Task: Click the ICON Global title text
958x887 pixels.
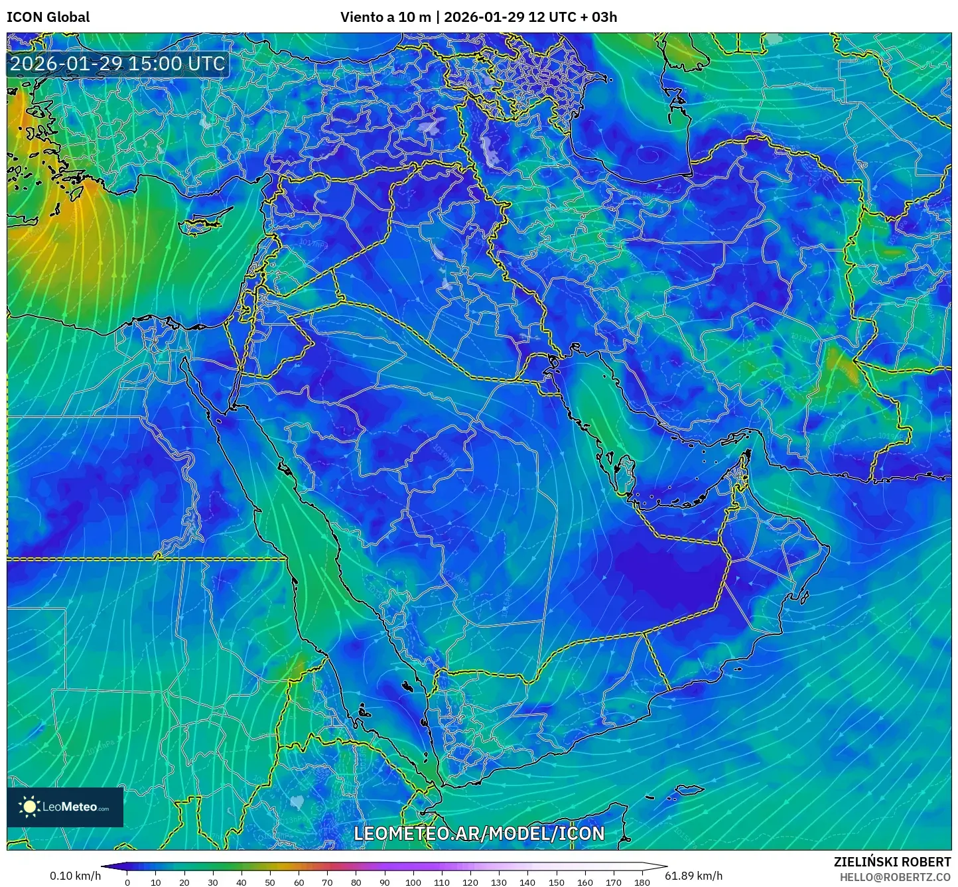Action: coord(48,17)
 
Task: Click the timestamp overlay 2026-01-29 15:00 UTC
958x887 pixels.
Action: coord(117,64)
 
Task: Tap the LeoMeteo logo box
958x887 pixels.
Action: coord(65,807)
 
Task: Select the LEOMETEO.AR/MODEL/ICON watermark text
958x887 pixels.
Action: coord(479,833)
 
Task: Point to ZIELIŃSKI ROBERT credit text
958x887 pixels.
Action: coord(892,862)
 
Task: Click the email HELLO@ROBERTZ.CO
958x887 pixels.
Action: coord(895,877)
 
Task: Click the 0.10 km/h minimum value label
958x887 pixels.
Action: coord(75,876)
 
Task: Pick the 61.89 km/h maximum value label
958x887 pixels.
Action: coord(693,876)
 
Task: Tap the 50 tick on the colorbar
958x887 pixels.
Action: coord(270,882)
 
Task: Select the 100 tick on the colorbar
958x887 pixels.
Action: coord(413,882)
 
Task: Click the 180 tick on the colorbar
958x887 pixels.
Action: coord(642,882)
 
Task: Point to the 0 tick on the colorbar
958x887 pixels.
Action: coord(127,882)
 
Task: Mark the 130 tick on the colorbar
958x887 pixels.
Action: coord(499,882)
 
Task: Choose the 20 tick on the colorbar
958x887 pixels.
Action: coord(184,882)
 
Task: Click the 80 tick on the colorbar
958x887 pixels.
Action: coord(356,882)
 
